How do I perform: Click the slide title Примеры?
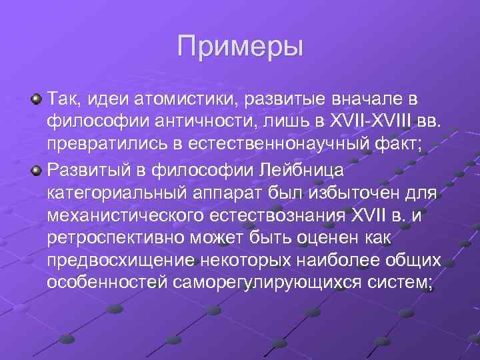pos(240,47)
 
